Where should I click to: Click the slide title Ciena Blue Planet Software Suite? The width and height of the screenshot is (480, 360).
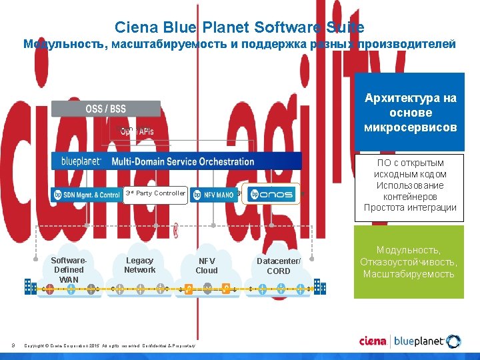coord(239,27)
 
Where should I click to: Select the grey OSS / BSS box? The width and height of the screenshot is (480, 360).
coord(106,109)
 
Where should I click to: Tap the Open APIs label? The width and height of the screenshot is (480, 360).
coord(137,131)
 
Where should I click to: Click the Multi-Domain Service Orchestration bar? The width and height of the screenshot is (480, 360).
coord(177,161)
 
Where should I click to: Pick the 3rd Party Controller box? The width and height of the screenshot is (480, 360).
coord(155,194)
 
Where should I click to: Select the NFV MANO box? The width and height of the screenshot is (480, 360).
coord(213,195)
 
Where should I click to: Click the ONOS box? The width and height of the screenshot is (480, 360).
coord(271,194)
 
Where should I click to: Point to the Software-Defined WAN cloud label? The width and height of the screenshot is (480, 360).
coord(69,269)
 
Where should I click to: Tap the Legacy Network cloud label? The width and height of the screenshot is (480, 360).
coord(139,265)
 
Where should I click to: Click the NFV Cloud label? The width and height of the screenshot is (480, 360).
coord(207,266)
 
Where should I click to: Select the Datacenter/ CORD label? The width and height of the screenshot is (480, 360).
coord(279,266)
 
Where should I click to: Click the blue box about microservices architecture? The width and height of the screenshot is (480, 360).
coord(411,113)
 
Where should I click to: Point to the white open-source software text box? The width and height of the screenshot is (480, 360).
coord(410,185)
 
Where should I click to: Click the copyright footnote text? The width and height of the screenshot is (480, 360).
coord(110,346)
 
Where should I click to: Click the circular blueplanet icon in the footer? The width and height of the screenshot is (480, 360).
coord(454,342)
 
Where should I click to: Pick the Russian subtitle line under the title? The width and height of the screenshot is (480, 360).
coord(239,45)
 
